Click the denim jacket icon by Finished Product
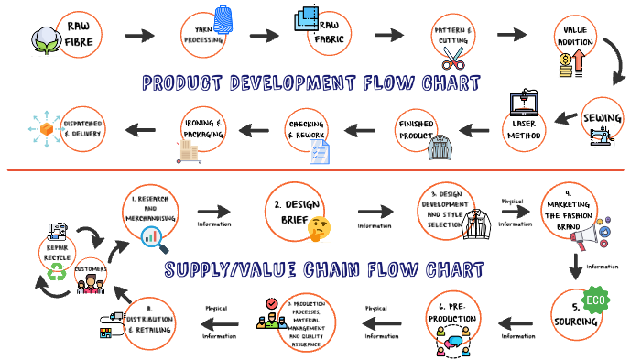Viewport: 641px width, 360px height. tap(441, 147)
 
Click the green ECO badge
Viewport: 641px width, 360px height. tap(597, 300)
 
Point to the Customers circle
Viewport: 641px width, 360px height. tap(92, 272)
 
